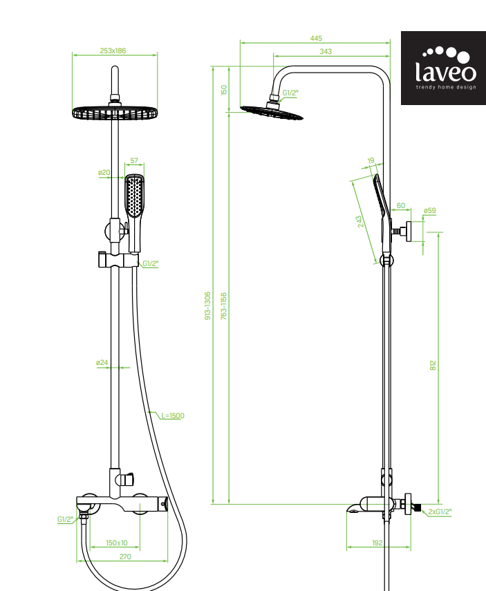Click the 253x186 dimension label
pyautogui.click(x=113, y=50)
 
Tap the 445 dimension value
pyautogui.click(x=316, y=38)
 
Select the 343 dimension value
pyautogui.click(x=326, y=51)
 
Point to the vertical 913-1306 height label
pyautogui.click(x=207, y=306)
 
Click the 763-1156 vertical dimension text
pyautogui.click(x=223, y=306)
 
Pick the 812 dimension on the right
pyautogui.click(x=433, y=365)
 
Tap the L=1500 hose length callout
pyautogui.click(x=173, y=415)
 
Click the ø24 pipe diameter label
pyautogui.click(x=102, y=363)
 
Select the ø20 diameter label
pyautogui.click(x=104, y=172)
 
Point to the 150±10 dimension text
pyautogui.click(x=117, y=543)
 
